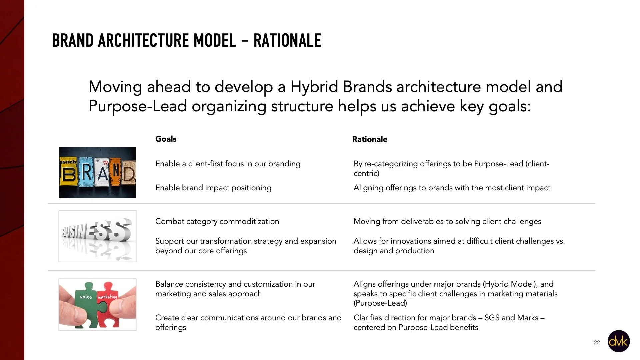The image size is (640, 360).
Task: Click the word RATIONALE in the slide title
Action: [287, 41]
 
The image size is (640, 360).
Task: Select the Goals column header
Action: [166, 139]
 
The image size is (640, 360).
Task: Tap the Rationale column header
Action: [369, 139]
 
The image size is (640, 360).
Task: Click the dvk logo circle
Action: [618, 341]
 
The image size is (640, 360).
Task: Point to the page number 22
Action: [597, 342]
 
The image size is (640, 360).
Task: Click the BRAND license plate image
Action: [97, 172]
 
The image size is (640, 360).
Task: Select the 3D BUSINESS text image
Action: [97, 236]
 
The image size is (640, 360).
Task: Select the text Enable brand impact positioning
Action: [213, 188]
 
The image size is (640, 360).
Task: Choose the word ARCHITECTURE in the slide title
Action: [143, 41]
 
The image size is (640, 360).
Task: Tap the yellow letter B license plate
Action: [68, 173]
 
